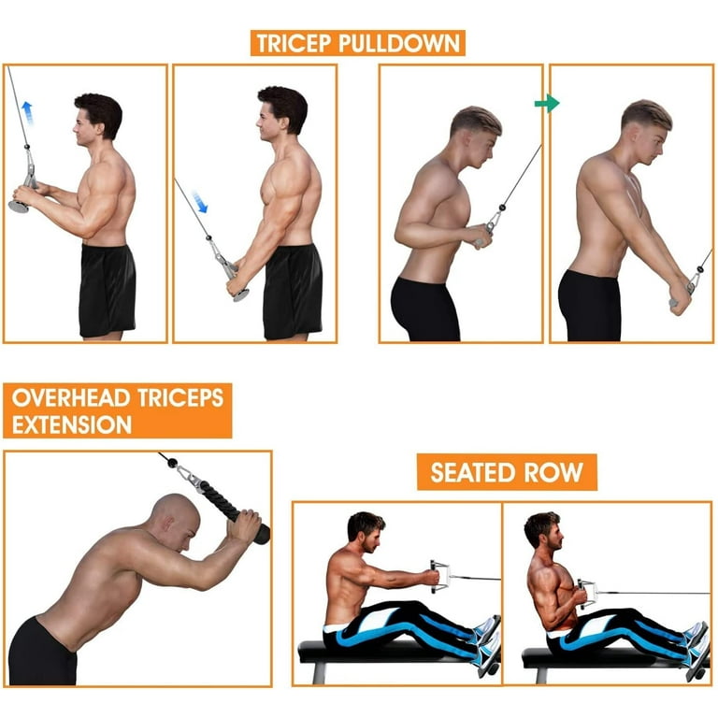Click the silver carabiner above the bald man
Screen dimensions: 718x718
click(x=187, y=476)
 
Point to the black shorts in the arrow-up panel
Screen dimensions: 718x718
click(x=107, y=290)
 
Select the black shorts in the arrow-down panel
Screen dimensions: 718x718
click(x=292, y=291)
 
